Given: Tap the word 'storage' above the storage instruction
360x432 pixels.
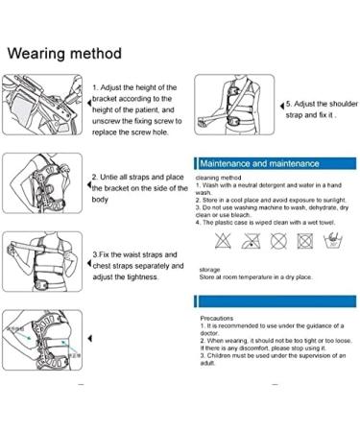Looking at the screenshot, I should pyautogui.click(x=209, y=270).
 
